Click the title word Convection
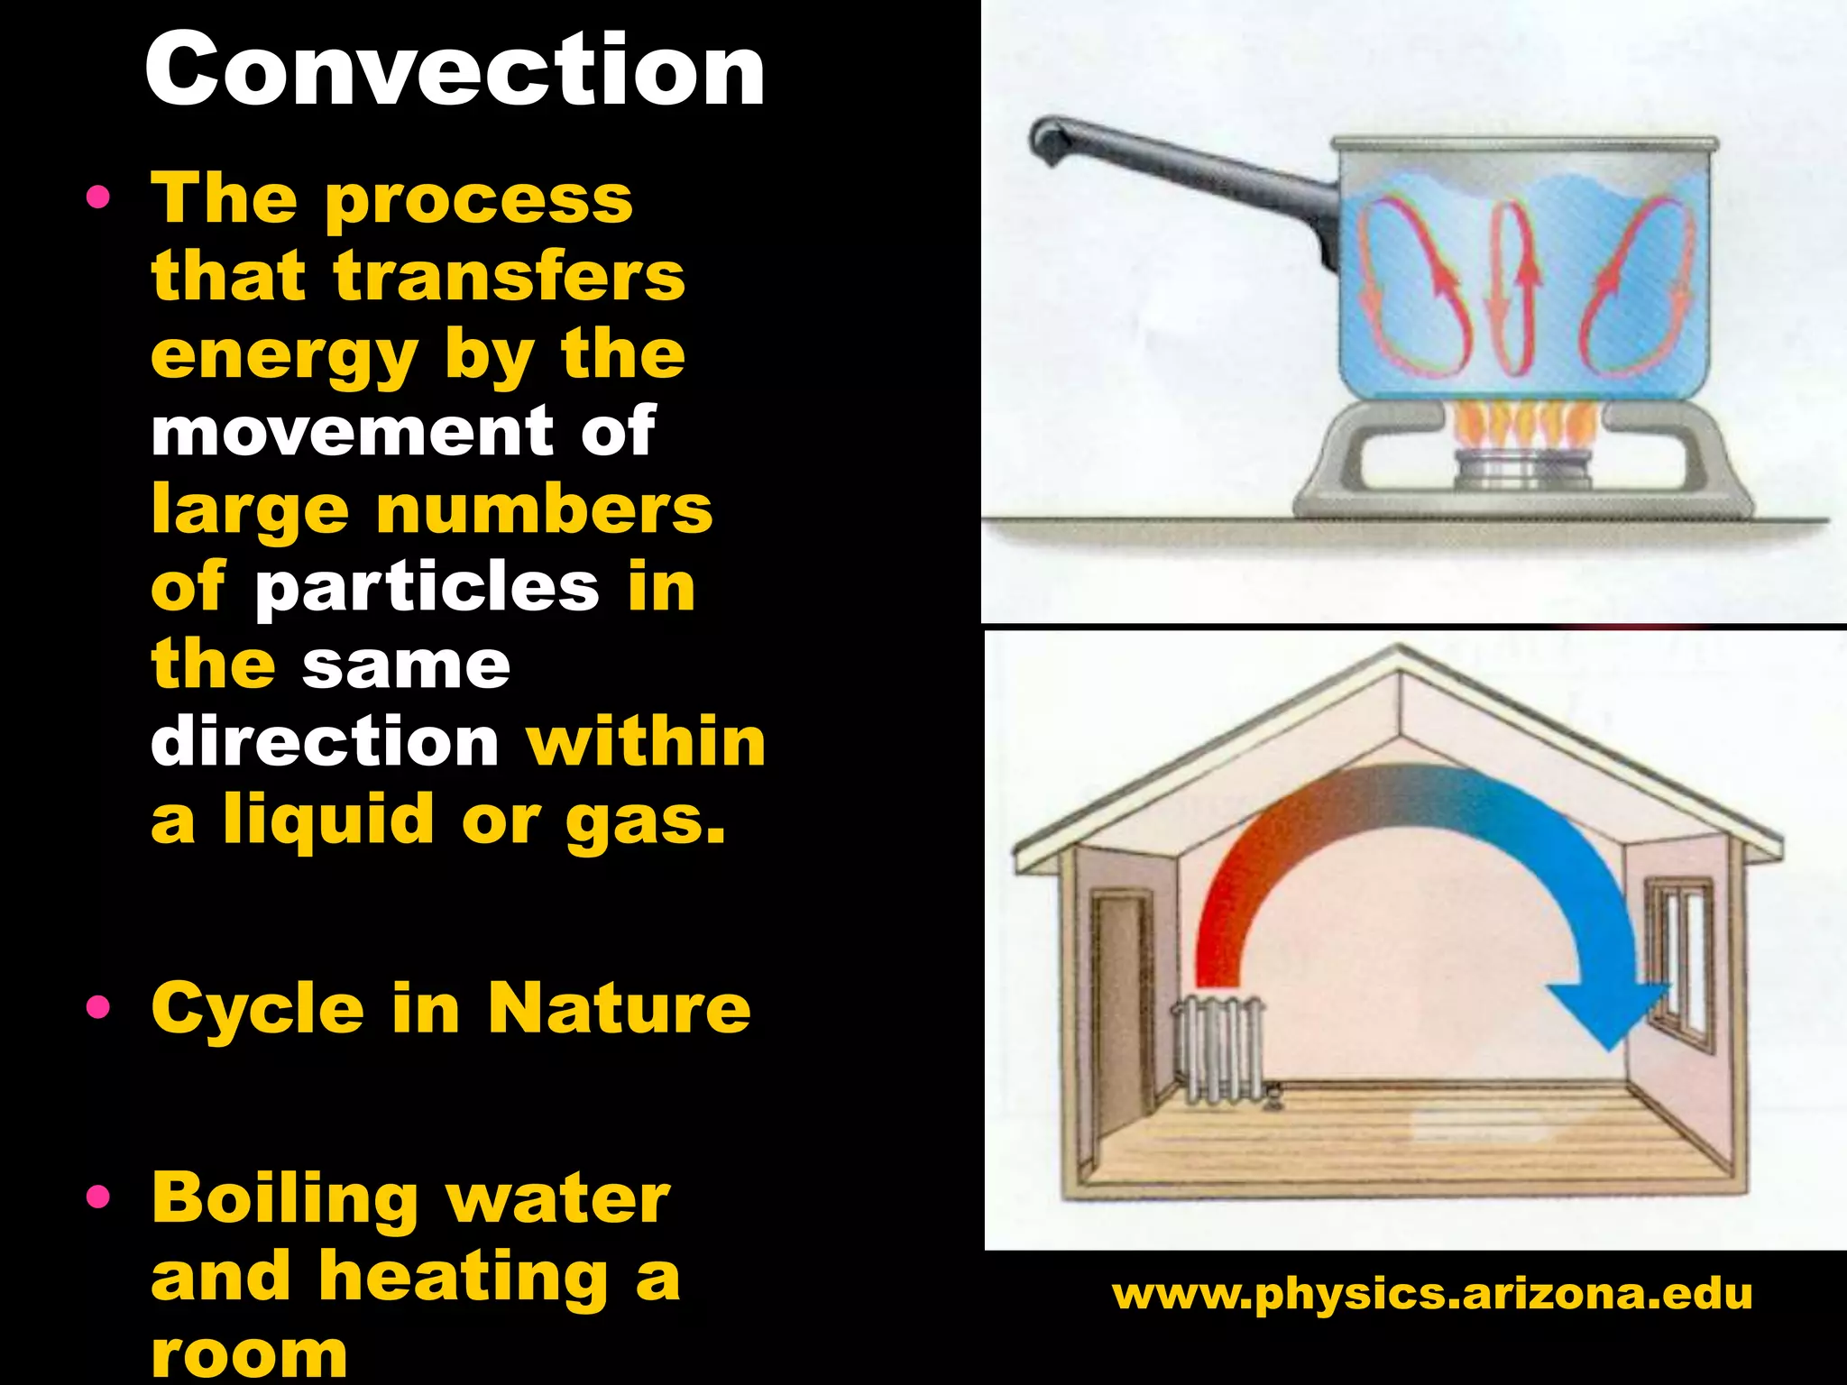click(x=455, y=69)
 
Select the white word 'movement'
click(x=353, y=431)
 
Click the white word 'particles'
click(x=427, y=588)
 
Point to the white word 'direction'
click(x=325, y=742)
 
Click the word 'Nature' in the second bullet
click(x=620, y=1008)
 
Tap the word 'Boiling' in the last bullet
click(x=284, y=1199)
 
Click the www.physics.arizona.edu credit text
click(x=1432, y=1294)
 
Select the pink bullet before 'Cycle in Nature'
click(x=98, y=1007)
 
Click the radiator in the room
click(x=1219, y=1050)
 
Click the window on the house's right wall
click(x=1679, y=965)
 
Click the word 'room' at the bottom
click(x=250, y=1353)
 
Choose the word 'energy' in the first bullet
click(x=284, y=355)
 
